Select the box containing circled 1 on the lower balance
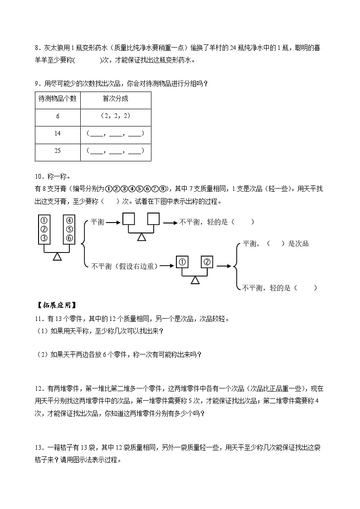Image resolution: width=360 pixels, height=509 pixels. tap(181, 262)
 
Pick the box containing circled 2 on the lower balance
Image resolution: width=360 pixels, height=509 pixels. tap(207, 262)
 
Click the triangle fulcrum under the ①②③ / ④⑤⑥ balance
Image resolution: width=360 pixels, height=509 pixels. tap(57, 257)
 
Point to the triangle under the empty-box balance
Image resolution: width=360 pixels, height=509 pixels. tap(141, 237)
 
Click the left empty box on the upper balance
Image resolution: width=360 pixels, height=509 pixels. tap(129, 219)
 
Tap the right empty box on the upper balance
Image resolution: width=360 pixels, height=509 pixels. tap(154, 219)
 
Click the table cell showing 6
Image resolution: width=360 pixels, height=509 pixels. tap(58, 116)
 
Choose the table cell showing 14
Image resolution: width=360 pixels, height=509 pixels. tap(58, 134)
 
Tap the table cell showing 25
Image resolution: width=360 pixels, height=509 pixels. tap(58, 151)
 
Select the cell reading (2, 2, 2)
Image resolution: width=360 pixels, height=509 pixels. tap(115, 116)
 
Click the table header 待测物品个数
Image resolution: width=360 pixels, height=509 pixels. tap(58, 99)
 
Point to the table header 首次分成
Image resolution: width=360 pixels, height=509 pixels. tap(115, 99)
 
